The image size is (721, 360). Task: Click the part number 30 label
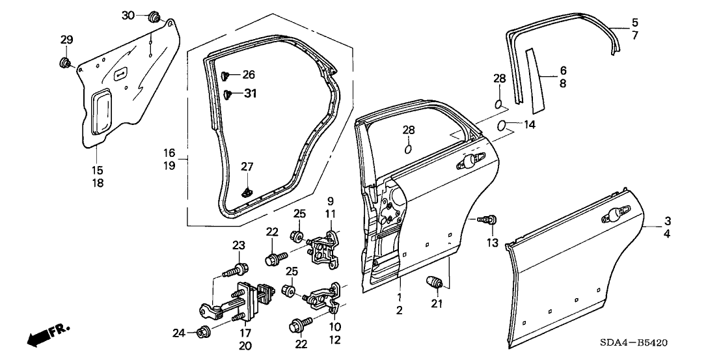pyautogui.click(x=128, y=15)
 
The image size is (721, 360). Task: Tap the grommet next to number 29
pyautogui.click(x=65, y=62)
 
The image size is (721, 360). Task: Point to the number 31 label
pyautogui.click(x=251, y=94)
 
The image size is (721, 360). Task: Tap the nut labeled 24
pyautogui.click(x=202, y=333)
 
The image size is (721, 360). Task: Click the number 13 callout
pyautogui.click(x=491, y=243)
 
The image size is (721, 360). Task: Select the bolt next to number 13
pyautogui.click(x=489, y=219)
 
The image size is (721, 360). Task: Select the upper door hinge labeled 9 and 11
pyautogui.click(x=325, y=249)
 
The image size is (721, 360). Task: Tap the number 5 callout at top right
pyautogui.click(x=634, y=22)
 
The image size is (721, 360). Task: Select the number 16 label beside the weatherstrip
pyautogui.click(x=169, y=153)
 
